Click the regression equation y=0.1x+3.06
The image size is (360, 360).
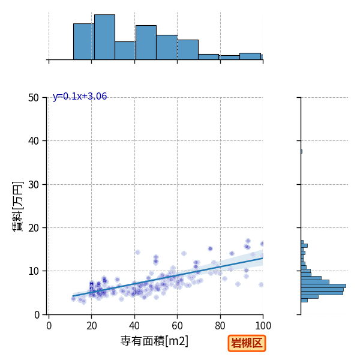(x=80, y=97)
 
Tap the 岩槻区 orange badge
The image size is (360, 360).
(x=247, y=343)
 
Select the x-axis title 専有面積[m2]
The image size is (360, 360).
(x=154, y=341)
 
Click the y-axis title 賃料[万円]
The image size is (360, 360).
(x=18, y=206)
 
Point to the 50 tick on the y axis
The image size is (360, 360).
(x=34, y=98)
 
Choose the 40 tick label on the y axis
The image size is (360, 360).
(x=34, y=141)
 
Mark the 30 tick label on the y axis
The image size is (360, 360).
(x=34, y=185)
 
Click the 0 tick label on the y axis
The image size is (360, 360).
(x=37, y=315)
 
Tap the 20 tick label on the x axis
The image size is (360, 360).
(x=92, y=326)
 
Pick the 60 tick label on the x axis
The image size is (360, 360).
(x=177, y=326)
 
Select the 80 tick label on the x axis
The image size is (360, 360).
(x=220, y=326)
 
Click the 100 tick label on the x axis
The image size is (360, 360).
(x=263, y=326)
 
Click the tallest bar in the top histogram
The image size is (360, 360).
(x=104, y=37)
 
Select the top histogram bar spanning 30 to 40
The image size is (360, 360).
(x=125, y=51)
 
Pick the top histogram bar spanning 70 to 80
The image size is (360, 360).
(x=208, y=57)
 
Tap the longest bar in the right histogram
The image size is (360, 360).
(x=323, y=286)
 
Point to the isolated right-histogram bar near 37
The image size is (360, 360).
(x=301, y=152)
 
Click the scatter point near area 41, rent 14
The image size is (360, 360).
(x=137, y=253)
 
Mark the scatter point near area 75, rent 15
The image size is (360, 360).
(x=210, y=248)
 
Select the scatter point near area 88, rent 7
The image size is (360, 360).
(x=238, y=284)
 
